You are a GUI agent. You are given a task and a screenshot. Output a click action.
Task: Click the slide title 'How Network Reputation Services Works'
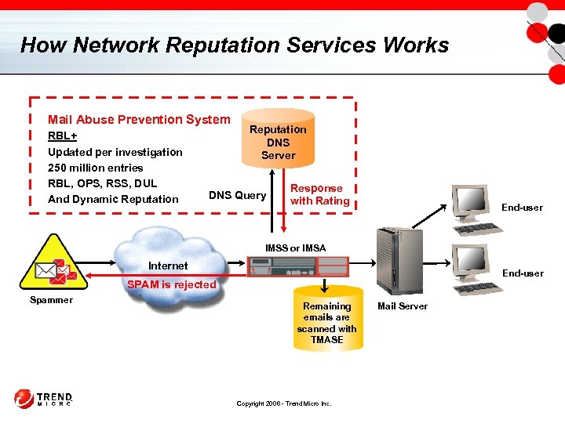click(234, 45)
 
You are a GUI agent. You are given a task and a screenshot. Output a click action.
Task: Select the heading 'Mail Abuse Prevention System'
click(139, 120)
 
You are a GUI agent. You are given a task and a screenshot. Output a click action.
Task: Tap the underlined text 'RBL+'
click(62, 136)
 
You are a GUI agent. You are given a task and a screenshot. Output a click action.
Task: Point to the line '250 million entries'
click(95, 168)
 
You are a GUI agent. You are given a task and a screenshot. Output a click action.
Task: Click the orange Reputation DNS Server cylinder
click(278, 140)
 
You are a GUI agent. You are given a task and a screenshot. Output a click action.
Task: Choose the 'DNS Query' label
click(237, 195)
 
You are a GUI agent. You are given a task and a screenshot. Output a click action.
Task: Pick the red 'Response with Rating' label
click(319, 194)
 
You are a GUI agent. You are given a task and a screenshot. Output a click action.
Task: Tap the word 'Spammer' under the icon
click(51, 300)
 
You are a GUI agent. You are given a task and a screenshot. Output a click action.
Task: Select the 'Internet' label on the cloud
click(168, 266)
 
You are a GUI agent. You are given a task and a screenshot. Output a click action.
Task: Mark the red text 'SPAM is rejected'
click(172, 284)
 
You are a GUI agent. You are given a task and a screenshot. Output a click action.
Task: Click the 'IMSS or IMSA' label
click(295, 248)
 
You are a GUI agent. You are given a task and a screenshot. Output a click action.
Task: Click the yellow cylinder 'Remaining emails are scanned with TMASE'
click(326, 322)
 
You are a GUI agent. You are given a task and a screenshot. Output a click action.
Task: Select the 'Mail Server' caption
click(403, 306)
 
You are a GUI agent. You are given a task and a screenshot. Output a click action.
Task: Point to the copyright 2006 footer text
click(284, 403)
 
